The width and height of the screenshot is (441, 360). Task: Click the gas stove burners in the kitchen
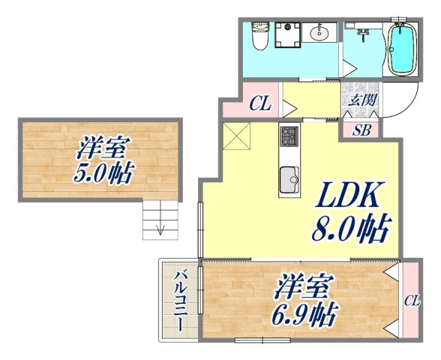coord(289,137)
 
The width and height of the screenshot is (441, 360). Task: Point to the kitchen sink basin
coord(289,180)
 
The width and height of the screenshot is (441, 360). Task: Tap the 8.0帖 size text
coord(351,229)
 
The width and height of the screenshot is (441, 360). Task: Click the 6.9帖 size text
coord(304,312)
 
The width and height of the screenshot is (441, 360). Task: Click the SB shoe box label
coord(361,129)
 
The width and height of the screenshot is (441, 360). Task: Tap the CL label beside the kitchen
coord(259,105)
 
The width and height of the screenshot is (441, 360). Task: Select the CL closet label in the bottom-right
coord(411,301)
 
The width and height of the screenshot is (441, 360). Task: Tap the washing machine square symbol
coord(286,34)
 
